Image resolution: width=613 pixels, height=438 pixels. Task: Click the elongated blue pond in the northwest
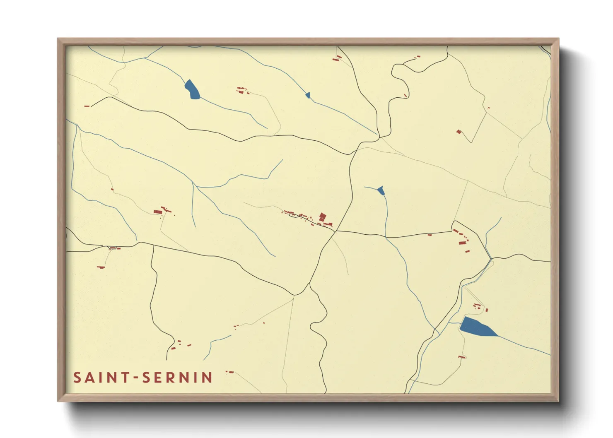pos(192,89)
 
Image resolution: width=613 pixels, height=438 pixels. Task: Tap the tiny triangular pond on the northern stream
pos(308,96)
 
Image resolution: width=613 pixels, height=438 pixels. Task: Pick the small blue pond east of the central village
pos(381,190)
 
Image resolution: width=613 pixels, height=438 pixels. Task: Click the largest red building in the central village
pos(323,217)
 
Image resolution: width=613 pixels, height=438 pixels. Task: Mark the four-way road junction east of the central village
pos(336,231)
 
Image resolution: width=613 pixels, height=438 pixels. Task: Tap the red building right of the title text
pos(230,372)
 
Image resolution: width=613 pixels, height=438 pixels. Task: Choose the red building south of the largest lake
pos(461,356)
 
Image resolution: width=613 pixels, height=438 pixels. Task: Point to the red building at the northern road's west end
pos(87,106)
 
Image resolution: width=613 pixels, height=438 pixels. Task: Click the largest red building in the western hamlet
pos(158,212)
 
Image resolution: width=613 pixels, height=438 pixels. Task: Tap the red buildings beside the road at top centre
pos(337,58)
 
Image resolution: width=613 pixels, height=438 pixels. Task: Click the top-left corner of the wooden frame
pos(58,39)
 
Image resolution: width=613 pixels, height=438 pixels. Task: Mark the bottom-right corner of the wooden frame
pos(558,401)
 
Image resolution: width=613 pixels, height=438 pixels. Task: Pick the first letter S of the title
pos(77,378)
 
